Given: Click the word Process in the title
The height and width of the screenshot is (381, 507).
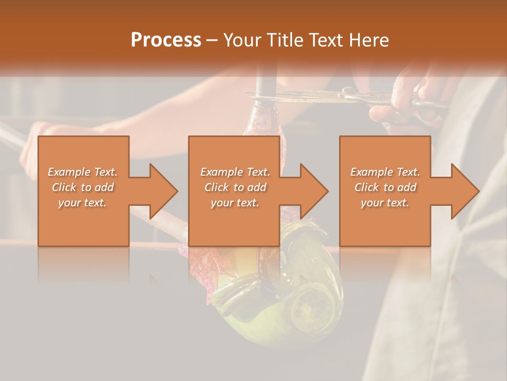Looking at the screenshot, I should point(166,40).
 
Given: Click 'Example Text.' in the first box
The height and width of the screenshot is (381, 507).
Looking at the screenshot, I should point(83,171).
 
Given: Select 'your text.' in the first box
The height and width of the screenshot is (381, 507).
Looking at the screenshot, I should point(83,202).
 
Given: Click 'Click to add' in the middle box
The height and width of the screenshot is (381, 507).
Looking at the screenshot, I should point(235,187).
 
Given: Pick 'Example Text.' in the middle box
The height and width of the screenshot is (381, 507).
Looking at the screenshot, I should point(235,171).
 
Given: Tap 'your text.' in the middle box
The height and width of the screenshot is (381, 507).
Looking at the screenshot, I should point(235,202).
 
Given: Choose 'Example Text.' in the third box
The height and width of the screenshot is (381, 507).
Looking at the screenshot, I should point(385,171).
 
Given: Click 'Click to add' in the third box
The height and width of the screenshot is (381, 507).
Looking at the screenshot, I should point(385,187).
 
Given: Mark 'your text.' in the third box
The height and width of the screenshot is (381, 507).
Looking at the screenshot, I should point(385,202).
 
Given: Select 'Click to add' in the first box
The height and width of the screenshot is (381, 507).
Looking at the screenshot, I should point(83,187).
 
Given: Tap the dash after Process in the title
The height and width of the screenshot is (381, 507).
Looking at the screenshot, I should point(212,40).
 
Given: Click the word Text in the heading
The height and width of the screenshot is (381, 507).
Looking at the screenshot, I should point(328,40).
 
